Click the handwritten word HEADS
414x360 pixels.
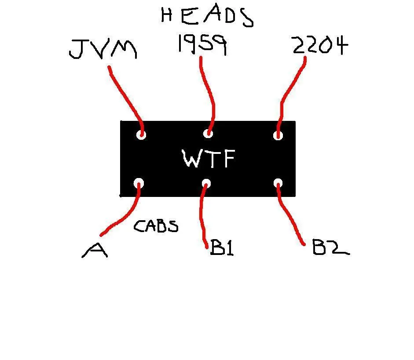coord(207,16)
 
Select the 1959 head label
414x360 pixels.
coord(202,44)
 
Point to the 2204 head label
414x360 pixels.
coord(319,45)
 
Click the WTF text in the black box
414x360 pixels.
coord(209,159)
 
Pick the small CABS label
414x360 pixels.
coord(156,226)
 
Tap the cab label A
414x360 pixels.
coord(95,251)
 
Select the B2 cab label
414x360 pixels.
coord(330,248)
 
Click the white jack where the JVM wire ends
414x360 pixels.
coord(141,134)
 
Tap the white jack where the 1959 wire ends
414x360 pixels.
coord(209,133)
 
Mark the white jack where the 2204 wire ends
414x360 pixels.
coord(278,135)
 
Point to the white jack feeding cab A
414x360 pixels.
coord(139,183)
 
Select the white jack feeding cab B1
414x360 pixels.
coord(206,183)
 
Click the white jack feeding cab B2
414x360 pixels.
coord(278,184)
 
